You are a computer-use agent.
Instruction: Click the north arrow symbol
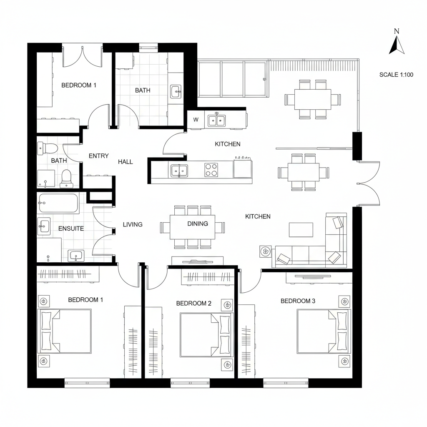397,44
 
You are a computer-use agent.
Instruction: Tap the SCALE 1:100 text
396,75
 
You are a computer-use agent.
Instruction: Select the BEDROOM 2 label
193,303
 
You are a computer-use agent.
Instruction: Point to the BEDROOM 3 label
298,301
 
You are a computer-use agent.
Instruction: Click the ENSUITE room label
71,229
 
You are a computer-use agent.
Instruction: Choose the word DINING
197,224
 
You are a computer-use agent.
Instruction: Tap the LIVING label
133,224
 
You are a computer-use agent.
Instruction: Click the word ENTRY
98,156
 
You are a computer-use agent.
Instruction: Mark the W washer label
196,120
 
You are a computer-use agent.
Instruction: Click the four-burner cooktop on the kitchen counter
211,170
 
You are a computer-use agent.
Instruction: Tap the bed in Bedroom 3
324,331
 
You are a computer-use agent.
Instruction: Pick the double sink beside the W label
216,121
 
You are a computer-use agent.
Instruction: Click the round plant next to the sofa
265,251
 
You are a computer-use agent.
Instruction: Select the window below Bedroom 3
286,381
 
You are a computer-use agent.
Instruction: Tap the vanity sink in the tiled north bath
176,91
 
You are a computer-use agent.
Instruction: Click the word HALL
125,161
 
